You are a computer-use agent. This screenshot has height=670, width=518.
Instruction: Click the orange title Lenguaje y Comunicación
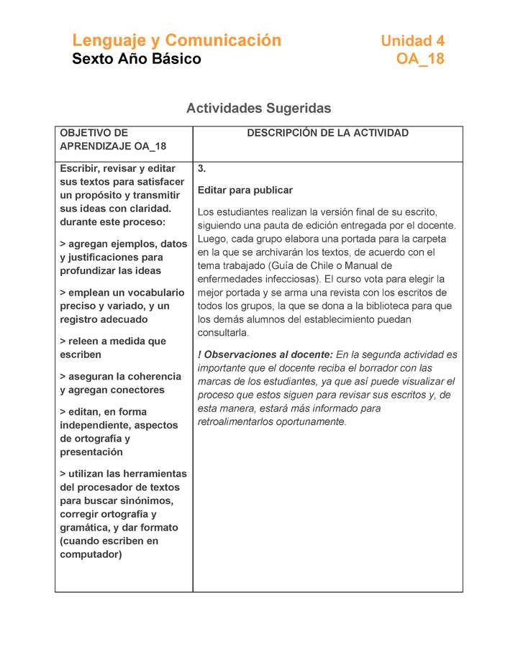click(x=176, y=40)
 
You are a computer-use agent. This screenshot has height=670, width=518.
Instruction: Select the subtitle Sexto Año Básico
click(x=136, y=59)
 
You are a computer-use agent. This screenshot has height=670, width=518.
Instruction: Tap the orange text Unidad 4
click(x=412, y=41)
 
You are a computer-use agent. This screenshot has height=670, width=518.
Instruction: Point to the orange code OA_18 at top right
click(x=420, y=59)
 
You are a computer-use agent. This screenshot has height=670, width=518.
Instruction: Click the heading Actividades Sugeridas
click(x=258, y=109)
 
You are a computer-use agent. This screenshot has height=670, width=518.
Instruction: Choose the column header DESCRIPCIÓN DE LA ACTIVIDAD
click(x=327, y=133)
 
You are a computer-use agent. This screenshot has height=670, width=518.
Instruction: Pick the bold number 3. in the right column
click(x=202, y=169)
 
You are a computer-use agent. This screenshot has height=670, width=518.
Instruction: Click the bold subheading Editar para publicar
click(x=245, y=191)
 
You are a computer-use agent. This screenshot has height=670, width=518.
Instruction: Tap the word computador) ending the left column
click(x=91, y=554)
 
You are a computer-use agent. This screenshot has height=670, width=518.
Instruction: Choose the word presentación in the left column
click(x=91, y=452)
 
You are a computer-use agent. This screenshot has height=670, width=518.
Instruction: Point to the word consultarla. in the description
click(x=223, y=333)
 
